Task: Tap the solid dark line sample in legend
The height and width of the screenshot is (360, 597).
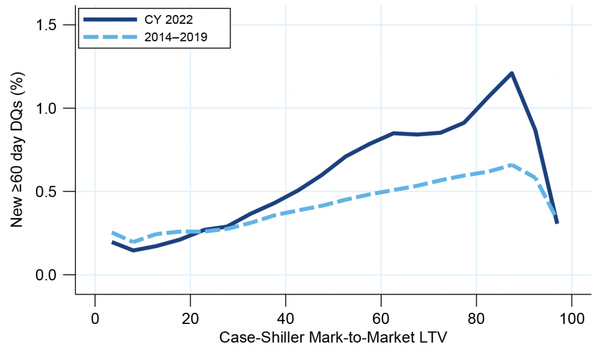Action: [x=108, y=19]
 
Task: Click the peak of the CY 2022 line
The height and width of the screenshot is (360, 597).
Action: [x=511, y=73]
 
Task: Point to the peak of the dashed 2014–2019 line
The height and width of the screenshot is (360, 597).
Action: [x=511, y=165]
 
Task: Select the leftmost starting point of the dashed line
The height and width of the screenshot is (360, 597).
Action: [x=112, y=232]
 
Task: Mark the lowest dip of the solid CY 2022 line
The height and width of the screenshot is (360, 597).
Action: [x=134, y=250]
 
